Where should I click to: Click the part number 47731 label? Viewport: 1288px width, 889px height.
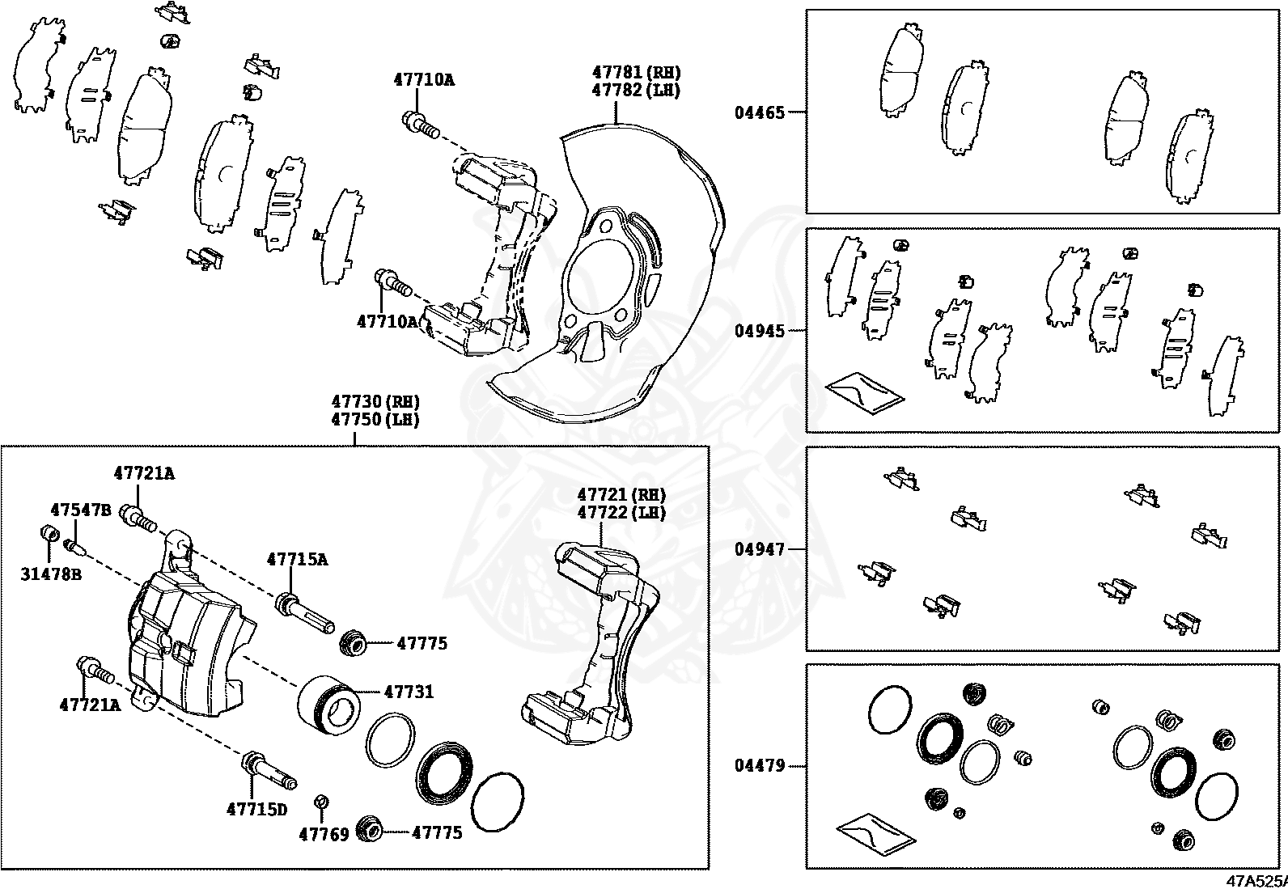pos(409,692)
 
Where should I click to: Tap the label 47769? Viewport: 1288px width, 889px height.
pos(324,833)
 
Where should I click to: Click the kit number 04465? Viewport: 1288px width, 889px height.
pos(760,112)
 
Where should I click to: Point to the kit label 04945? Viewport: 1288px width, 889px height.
pos(760,331)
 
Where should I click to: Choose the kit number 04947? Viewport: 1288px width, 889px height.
pos(760,549)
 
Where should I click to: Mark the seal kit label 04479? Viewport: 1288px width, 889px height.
pos(760,764)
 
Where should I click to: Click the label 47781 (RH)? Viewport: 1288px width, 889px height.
pos(636,72)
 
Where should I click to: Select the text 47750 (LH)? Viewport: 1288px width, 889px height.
pos(375,420)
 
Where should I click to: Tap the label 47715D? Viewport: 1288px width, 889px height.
pos(256,808)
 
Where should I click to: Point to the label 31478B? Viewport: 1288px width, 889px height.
pos(51,574)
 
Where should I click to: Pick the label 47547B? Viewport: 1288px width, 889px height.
pos(81,510)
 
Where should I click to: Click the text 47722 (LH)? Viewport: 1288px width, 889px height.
pos(621,512)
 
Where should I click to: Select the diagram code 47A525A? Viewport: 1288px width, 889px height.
pos(1255,880)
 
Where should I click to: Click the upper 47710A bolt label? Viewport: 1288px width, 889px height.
pos(424,79)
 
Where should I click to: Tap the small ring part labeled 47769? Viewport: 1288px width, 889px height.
pos(321,802)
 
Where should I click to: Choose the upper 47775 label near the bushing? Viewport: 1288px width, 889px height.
pos(422,644)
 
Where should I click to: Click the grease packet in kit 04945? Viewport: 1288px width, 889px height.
pos(864,392)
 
